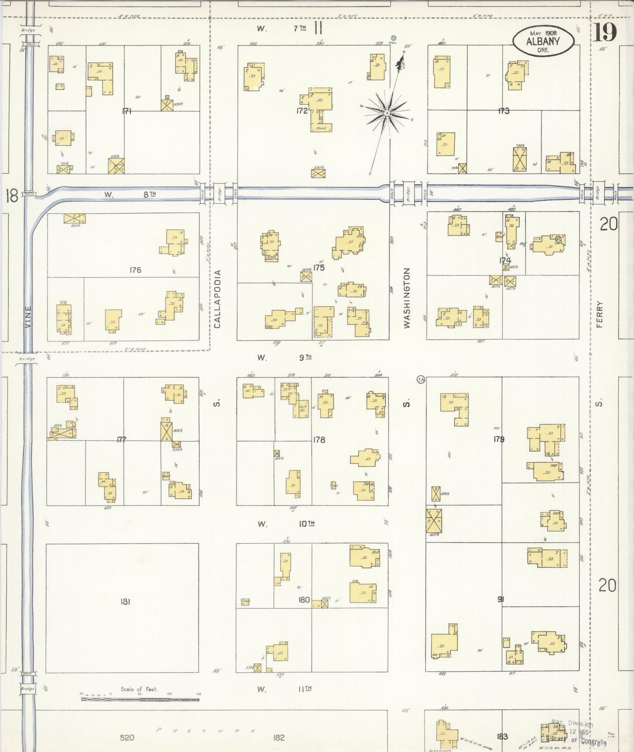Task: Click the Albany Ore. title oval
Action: coord(543,41)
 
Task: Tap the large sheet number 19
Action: coord(605,32)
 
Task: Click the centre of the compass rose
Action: coord(387,113)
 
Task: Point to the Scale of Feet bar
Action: coord(140,698)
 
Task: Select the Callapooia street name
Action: coord(218,299)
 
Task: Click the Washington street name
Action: coord(407,298)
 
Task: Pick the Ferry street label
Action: coord(600,314)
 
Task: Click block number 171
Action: coord(127,111)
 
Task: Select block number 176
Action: coord(135,270)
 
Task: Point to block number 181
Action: coord(125,602)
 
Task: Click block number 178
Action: coord(319,440)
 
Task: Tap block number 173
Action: coord(504,111)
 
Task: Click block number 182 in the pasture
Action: coord(279,738)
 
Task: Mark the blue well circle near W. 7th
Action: coord(394,38)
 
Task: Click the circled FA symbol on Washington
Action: coord(421,380)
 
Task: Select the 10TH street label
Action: coord(307,523)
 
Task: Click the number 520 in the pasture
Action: coord(127,738)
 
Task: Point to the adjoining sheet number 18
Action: coord(12,196)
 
